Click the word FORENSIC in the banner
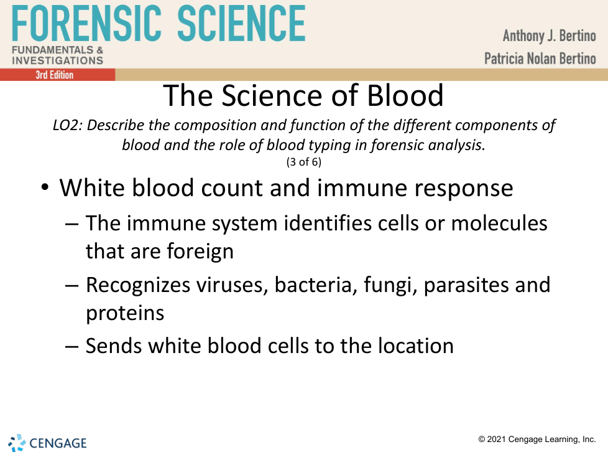tap(86, 23)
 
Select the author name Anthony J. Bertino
tap(549, 36)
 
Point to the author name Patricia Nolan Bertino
tap(540, 59)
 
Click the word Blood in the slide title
tap(405, 95)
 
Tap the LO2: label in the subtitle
tap(68, 125)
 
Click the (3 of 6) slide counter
tap(303, 161)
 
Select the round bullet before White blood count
tap(45, 187)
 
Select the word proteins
tap(125, 313)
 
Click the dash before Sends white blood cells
tap(71, 346)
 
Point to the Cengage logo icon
tap(17, 443)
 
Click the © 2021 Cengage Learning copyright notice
tap(537, 439)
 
